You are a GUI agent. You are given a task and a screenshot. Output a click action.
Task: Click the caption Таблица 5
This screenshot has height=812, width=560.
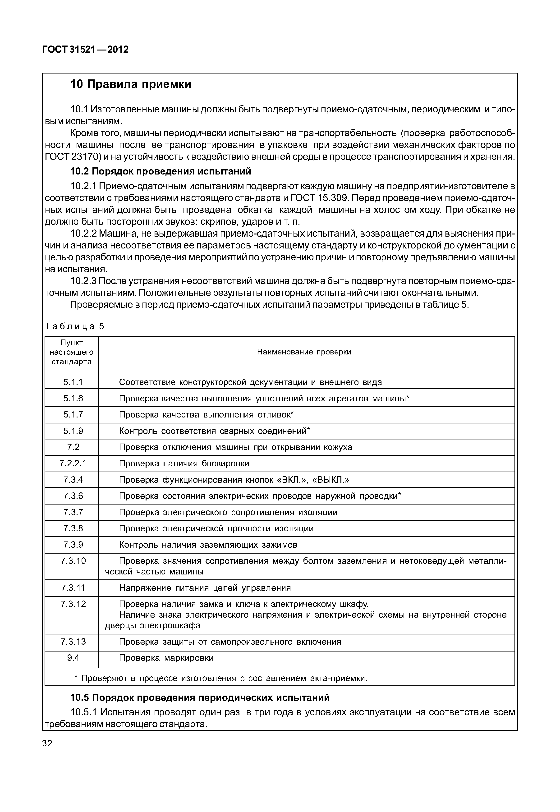click(x=74, y=326)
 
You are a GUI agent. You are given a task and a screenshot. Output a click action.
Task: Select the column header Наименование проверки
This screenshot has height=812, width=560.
click(x=304, y=352)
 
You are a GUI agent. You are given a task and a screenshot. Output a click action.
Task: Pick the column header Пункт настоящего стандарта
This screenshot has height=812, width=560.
click(x=72, y=352)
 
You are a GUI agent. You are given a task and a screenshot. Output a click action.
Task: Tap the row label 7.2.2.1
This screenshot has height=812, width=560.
click(x=73, y=463)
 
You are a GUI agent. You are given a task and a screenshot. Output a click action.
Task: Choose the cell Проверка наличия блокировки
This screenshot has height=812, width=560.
click(x=184, y=463)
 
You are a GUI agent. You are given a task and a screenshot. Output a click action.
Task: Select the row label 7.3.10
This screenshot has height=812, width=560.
click(x=73, y=561)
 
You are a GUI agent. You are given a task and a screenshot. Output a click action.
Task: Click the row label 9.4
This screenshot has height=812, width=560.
click(x=73, y=658)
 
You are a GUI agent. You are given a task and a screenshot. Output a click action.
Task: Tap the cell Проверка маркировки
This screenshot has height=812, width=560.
click(x=166, y=658)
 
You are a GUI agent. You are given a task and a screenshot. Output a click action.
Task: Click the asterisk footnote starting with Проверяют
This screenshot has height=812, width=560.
click(x=221, y=678)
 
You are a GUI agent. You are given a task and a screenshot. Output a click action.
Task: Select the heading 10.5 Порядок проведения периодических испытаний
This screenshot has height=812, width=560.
click(x=200, y=697)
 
